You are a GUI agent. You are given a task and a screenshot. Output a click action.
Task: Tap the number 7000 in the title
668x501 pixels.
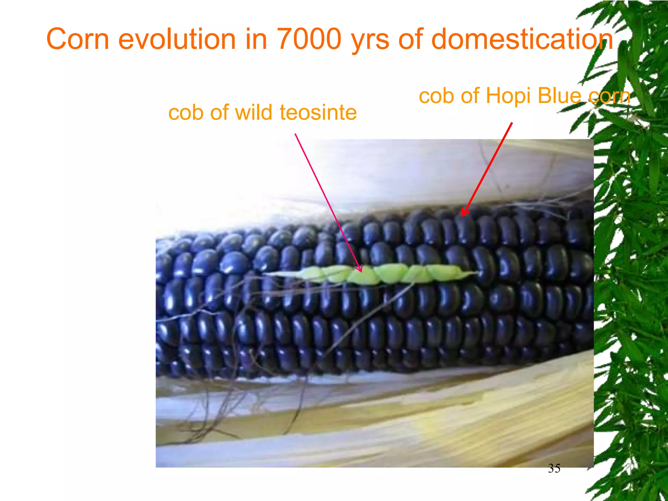[309, 39]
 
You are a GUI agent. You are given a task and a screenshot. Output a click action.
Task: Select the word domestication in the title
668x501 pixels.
[522, 39]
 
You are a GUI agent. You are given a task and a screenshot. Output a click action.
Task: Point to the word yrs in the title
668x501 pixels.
[370, 41]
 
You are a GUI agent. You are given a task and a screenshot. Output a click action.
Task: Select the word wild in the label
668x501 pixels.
[254, 113]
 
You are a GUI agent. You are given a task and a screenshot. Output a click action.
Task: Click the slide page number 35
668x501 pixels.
[554, 468]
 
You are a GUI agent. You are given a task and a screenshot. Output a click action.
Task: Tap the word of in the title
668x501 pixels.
[411, 39]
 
